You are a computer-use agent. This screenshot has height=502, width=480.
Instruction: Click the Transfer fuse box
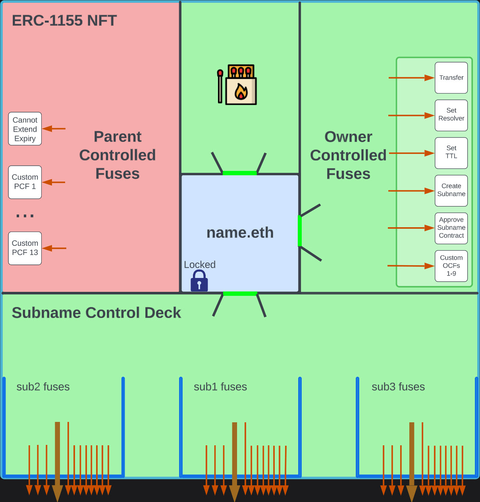pyautogui.click(x=451, y=78)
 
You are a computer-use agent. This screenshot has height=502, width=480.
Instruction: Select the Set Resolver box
pyautogui.click(x=451, y=115)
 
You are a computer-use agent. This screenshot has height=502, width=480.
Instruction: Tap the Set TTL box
pyautogui.click(x=451, y=153)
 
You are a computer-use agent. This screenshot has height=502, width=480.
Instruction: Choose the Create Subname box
pyautogui.click(x=451, y=190)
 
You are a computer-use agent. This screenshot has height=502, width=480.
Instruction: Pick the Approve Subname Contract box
pyautogui.click(x=451, y=228)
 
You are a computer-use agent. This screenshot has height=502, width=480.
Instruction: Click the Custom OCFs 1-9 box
pyautogui.click(x=451, y=266)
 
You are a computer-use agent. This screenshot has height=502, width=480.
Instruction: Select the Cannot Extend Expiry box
pyautogui.click(x=25, y=129)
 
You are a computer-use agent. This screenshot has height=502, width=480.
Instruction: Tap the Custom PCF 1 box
pyautogui.click(x=25, y=182)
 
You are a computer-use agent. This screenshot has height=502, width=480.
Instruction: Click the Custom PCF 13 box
pyautogui.click(x=25, y=248)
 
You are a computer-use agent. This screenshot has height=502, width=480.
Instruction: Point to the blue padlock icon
pyautogui.click(x=199, y=281)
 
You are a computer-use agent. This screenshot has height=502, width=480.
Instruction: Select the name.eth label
pyautogui.click(x=240, y=233)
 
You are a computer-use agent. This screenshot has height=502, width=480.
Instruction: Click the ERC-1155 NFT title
pyautogui.click(x=64, y=21)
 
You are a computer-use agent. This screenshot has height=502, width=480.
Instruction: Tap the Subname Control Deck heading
pyautogui.click(x=96, y=313)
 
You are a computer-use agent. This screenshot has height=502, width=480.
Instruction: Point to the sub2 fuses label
pyautogui.click(x=43, y=387)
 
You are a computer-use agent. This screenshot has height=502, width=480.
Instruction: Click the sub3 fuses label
pyautogui.click(x=398, y=387)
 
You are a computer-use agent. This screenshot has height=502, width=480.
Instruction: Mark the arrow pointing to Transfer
pyautogui.click(x=411, y=78)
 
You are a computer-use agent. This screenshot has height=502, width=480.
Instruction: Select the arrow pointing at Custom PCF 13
pyautogui.click(x=54, y=248)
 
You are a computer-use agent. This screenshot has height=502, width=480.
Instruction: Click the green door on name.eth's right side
pyautogui.click(x=300, y=231)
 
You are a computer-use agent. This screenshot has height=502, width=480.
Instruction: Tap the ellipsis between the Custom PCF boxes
pyautogui.click(x=25, y=216)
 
